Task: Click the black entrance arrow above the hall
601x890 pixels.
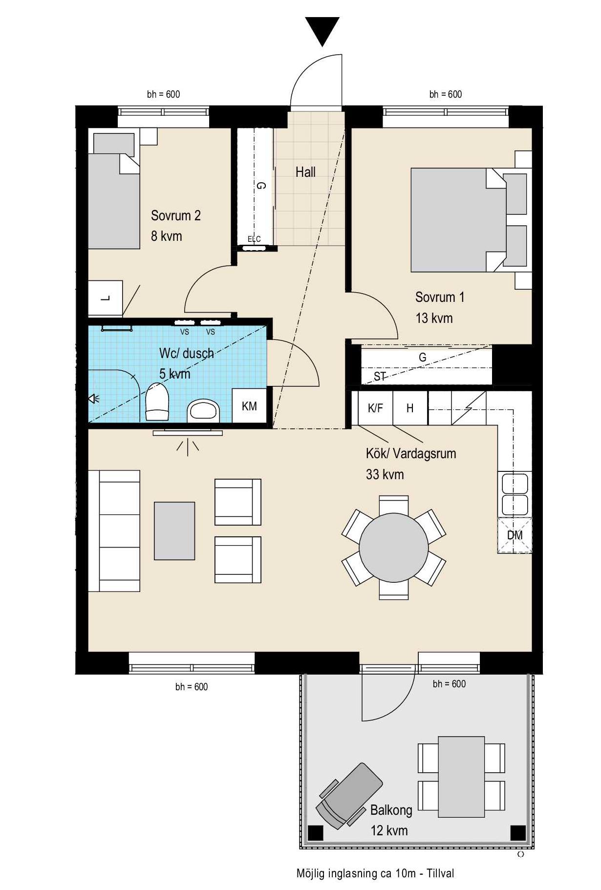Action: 322,30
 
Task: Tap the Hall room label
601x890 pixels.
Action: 305,172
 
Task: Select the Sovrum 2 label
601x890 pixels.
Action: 175,215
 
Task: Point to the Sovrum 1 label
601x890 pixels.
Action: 440,297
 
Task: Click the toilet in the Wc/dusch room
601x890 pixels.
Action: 157,402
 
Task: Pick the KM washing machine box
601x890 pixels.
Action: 249,405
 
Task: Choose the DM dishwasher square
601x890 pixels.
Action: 515,535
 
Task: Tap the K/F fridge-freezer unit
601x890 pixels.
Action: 375,408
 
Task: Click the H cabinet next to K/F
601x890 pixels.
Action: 410,408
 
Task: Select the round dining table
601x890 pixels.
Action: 393,548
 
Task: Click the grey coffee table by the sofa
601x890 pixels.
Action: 174,530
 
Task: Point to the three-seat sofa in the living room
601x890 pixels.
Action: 114,531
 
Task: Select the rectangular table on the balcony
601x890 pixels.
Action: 461,777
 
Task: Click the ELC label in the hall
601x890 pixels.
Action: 254,239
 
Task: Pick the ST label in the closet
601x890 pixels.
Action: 380,376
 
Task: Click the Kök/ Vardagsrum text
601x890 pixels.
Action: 411,453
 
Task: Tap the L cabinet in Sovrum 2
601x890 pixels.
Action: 105,298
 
